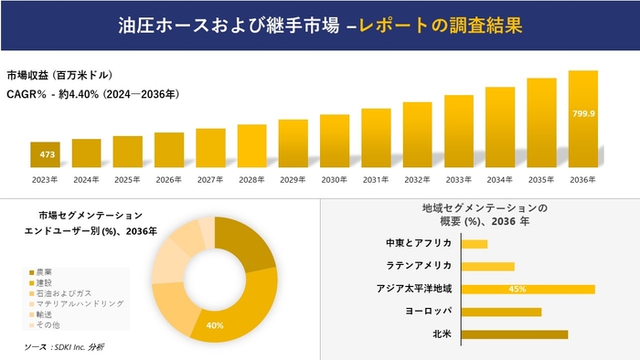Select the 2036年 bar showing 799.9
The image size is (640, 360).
(583, 119)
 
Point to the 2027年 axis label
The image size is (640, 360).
(210, 179)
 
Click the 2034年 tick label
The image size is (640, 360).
(500, 179)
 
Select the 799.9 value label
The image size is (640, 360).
(583, 114)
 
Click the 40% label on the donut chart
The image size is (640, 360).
(215, 325)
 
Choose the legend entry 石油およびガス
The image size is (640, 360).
(63, 293)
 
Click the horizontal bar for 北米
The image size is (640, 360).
(515, 334)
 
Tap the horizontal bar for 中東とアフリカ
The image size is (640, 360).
(475, 244)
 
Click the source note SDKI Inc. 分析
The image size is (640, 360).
(64, 347)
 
